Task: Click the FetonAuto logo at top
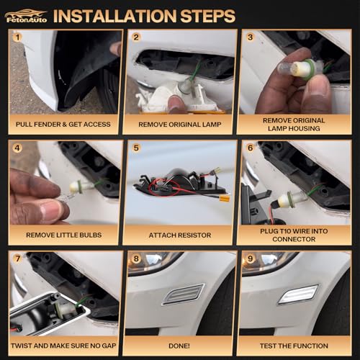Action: point(26,17)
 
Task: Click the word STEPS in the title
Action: point(207,16)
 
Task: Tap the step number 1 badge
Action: point(17,37)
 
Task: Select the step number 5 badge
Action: point(136,148)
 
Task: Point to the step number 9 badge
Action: point(250,258)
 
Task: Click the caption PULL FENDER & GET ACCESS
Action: point(63,125)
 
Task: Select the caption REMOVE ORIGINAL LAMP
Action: point(180,125)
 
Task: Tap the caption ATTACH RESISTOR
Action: point(180,235)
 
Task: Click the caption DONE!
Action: point(179,346)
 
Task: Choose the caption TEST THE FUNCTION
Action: point(294,346)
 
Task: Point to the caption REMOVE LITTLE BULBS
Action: point(64,235)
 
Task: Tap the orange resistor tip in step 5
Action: point(225,199)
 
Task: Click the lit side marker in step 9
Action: point(298,294)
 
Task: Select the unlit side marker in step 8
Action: point(184,294)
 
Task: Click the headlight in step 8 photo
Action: point(153,262)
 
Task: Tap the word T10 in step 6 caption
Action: point(286,231)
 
